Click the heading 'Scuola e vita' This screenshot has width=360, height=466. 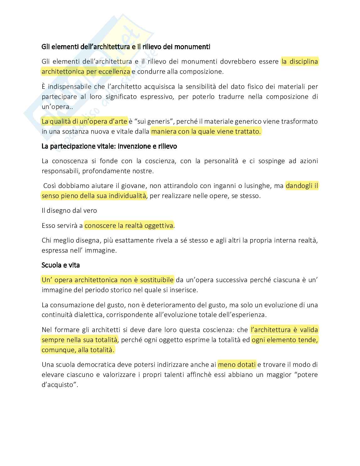click(x=61, y=265)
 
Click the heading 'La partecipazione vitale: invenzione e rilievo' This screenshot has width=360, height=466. click(x=109, y=146)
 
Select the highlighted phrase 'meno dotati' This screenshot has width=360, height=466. click(x=237, y=365)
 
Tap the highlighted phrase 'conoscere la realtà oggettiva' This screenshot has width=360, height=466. click(x=129, y=226)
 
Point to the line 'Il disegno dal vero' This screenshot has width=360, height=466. click(x=69, y=211)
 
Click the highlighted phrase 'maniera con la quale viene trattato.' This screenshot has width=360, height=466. click(x=206, y=131)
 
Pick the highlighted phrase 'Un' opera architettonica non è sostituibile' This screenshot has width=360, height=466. click(x=108, y=280)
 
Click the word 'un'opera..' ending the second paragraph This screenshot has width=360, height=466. click(x=57, y=107)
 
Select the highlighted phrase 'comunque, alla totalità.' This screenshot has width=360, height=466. click(x=78, y=350)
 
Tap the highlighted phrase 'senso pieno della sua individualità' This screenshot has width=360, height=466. click(x=94, y=196)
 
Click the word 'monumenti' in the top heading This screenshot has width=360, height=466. click(x=192, y=47)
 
